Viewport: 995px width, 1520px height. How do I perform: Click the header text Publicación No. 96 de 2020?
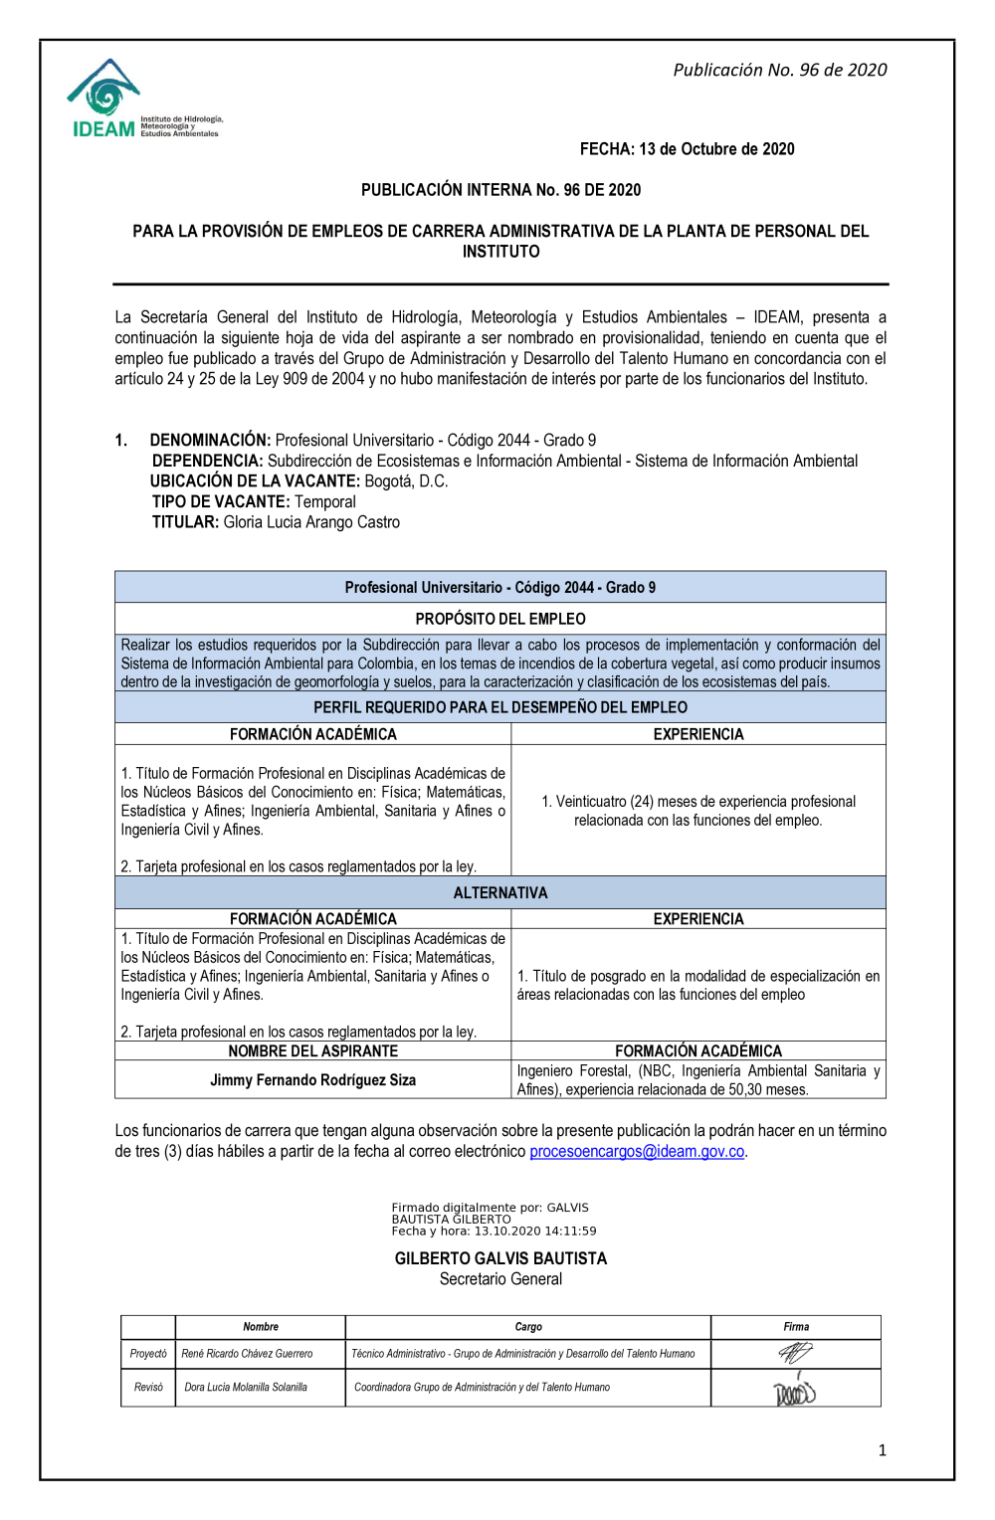[779, 70]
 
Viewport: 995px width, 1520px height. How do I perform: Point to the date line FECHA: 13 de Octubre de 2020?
[687, 149]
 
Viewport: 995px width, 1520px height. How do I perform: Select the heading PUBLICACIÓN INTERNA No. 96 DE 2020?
[500, 190]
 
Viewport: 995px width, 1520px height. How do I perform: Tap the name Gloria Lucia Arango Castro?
[311, 522]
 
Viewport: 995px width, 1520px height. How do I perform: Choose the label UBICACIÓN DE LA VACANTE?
[255, 481]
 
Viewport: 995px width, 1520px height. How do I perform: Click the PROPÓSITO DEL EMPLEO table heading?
[500, 619]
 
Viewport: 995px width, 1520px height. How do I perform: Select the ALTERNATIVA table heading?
[500, 892]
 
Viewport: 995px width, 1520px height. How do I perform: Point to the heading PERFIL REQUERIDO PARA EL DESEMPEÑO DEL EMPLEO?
[500, 707]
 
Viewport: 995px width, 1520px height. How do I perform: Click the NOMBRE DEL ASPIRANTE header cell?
[312, 1050]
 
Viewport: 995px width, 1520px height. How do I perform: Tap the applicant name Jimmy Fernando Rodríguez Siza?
[312, 1079]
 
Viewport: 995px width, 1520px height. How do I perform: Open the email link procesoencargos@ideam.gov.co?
[637, 1151]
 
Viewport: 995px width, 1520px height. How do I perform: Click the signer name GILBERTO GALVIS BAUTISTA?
[500, 1258]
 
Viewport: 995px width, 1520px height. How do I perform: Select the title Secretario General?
[500, 1279]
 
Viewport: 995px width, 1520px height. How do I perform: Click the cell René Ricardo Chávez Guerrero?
[247, 1354]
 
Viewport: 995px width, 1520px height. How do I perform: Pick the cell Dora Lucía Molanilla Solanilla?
[246, 1387]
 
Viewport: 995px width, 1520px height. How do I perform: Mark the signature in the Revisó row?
[794, 1390]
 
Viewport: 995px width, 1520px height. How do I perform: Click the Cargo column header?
[528, 1327]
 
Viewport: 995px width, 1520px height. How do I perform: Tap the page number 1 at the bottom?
[882, 1450]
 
